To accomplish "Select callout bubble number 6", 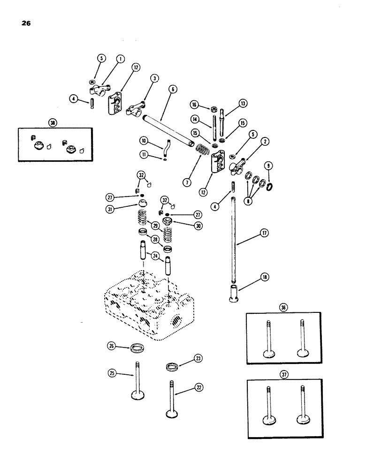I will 174,91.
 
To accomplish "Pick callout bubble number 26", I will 112,346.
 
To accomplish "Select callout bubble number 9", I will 268,166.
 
